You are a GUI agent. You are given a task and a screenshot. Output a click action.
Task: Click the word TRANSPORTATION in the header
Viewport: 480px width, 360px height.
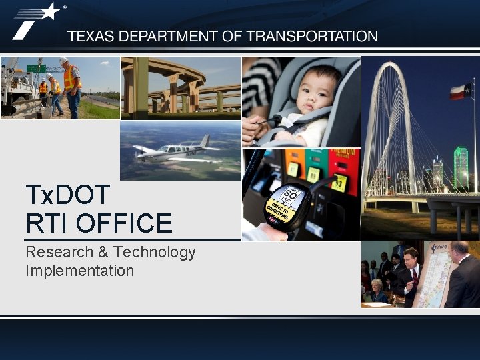pos(312,37)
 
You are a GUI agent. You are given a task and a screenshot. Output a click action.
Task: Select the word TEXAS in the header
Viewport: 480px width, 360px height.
pos(91,37)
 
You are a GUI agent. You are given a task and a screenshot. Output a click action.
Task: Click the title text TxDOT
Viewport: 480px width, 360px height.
pos(67,195)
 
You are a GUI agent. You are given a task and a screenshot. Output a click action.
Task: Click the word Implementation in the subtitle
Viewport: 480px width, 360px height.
pos(79,271)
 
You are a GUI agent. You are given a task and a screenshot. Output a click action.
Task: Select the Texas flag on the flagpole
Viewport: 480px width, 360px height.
pos(461,91)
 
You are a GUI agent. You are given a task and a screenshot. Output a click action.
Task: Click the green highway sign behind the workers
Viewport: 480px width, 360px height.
pos(36,68)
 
